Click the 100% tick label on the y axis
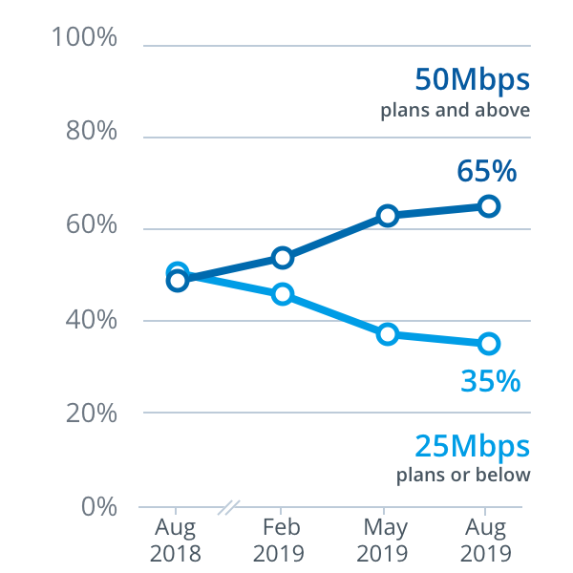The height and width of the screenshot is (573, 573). point(85,39)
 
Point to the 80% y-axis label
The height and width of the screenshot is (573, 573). point(91,133)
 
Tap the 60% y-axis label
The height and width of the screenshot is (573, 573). point(91,226)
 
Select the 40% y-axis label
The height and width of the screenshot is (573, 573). point(91,320)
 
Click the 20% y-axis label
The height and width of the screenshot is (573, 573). point(91,414)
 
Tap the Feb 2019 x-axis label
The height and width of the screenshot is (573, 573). point(280,541)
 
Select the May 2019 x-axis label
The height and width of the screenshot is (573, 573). point(385,541)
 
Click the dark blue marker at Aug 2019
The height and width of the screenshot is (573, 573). point(489,206)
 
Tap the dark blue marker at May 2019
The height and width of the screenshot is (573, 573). point(387,216)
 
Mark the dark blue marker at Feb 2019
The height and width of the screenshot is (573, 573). point(282,258)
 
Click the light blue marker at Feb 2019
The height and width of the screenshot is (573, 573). point(282,294)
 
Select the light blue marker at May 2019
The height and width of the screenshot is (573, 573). point(387,334)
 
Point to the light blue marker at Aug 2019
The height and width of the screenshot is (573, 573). point(489,344)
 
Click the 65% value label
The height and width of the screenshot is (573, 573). point(487,172)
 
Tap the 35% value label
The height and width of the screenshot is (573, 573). point(491,381)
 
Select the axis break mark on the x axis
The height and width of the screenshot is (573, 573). point(227,506)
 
